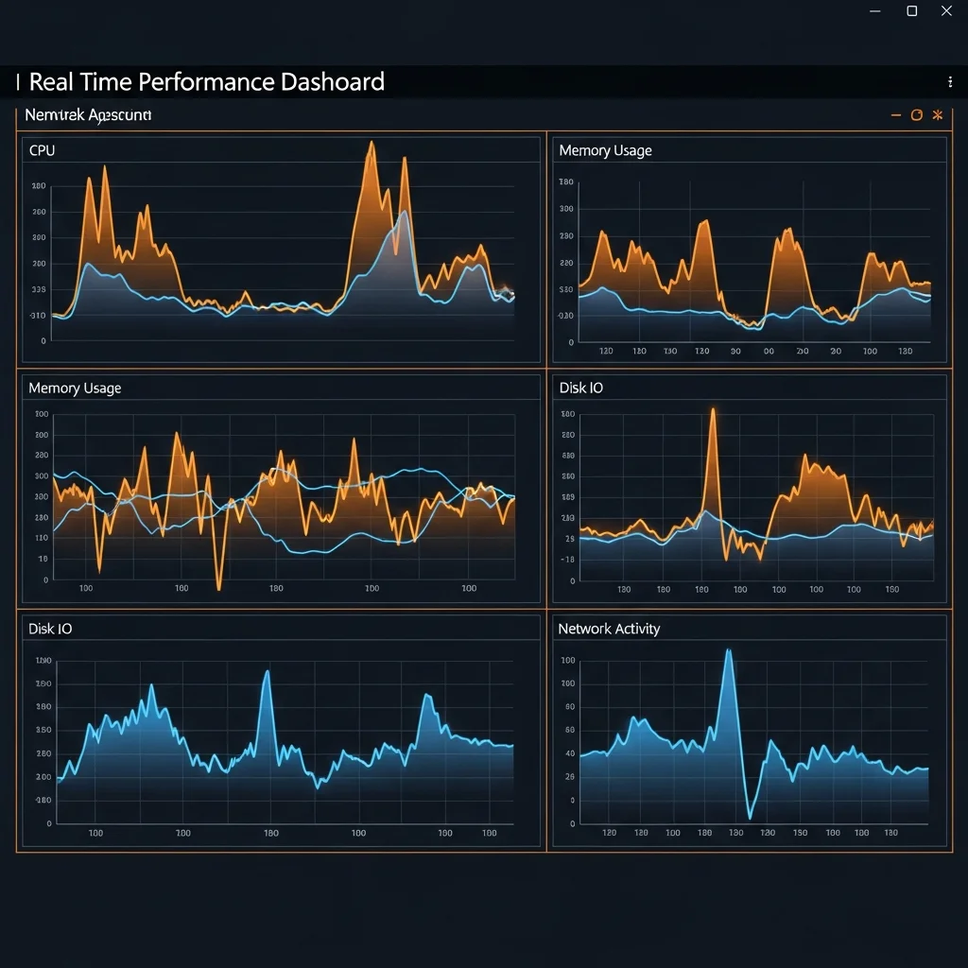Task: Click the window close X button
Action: coord(946,11)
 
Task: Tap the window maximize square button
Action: coord(912,11)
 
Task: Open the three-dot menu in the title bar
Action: coord(949,82)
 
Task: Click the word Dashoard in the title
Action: coord(332,82)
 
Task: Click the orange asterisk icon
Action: coord(938,115)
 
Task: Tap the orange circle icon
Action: coord(916,115)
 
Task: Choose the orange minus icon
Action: coord(895,115)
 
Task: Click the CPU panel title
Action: coord(42,150)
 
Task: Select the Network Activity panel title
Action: coord(609,629)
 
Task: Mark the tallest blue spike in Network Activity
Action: coord(728,651)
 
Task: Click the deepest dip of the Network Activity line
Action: coord(749,817)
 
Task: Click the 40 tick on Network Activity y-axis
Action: coord(569,753)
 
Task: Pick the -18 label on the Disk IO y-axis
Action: coord(567,560)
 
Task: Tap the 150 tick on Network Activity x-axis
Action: coord(800,833)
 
